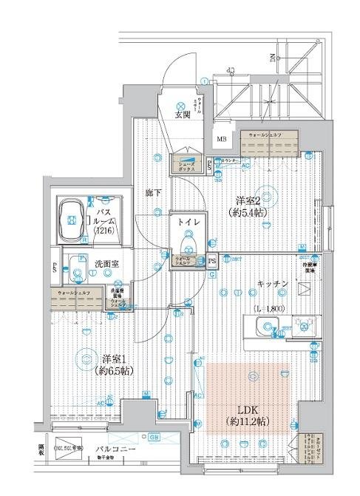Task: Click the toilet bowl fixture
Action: pyautogui.click(x=185, y=240)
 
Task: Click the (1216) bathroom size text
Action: pyautogui.click(x=102, y=230)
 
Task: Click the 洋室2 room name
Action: pyautogui.click(x=246, y=200)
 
